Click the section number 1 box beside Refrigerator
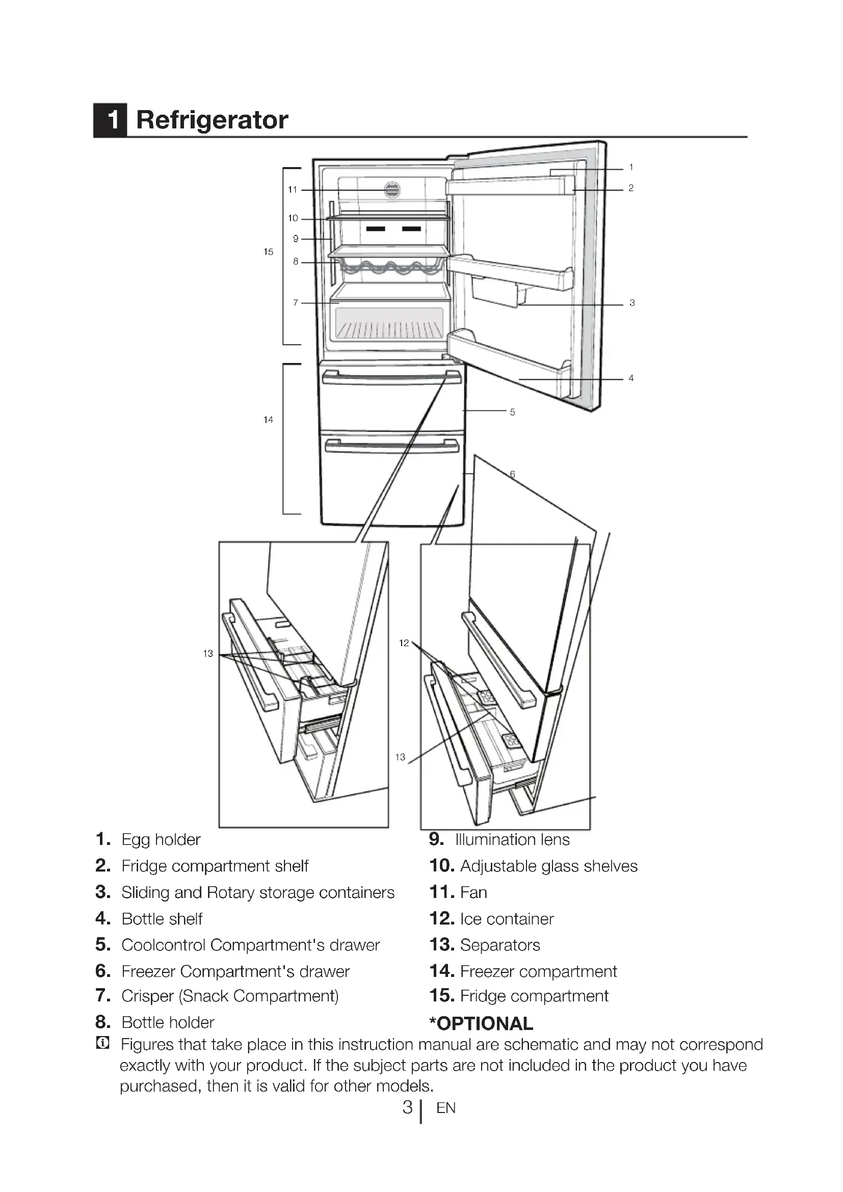[111, 120]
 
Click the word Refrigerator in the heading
[212, 120]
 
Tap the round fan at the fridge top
[392, 190]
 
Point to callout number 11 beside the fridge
[292, 190]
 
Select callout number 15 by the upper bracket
[268, 252]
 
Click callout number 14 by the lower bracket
[268, 419]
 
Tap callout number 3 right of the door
[631, 303]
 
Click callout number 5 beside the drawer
[512, 412]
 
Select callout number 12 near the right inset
[404, 643]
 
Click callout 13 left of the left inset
[207, 654]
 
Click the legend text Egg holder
[161, 840]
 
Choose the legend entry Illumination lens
[512, 840]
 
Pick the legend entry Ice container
[507, 919]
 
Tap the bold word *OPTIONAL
[481, 1024]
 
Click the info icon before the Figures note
[103, 1043]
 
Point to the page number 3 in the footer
[408, 1107]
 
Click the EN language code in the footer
[446, 1108]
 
